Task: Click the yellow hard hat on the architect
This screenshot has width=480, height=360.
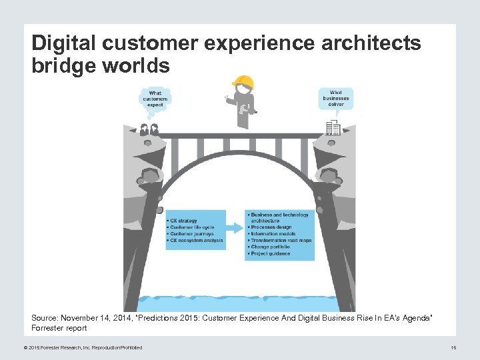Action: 243,82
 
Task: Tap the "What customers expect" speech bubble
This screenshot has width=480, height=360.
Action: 155,99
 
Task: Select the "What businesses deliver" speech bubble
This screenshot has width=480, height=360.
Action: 335,98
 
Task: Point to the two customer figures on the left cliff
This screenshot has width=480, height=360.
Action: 149,129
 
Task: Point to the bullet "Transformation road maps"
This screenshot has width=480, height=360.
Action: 281,241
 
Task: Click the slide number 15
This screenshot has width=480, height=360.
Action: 453,347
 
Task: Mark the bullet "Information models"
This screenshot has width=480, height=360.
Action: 273,234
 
